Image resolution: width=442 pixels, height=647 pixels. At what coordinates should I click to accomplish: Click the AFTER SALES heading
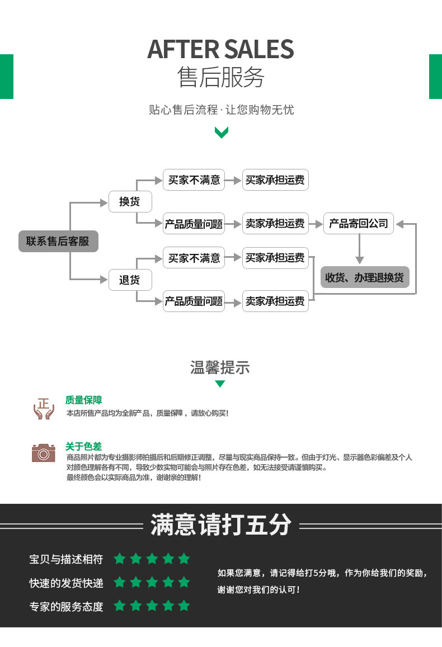click(x=220, y=50)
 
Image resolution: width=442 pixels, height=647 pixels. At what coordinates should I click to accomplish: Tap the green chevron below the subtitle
click(x=221, y=133)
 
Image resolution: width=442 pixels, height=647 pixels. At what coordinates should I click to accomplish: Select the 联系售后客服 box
click(x=58, y=241)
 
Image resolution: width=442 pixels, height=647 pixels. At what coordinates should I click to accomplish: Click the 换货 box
click(x=130, y=201)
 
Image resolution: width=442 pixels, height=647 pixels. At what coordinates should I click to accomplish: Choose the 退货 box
click(x=130, y=280)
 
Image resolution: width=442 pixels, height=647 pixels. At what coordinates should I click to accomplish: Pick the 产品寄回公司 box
click(x=358, y=223)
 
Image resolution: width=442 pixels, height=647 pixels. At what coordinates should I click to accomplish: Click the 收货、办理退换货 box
click(x=365, y=277)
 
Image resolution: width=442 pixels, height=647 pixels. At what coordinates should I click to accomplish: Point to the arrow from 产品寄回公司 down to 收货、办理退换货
click(x=359, y=249)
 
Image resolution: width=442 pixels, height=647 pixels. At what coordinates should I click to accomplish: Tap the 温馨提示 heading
click(x=220, y=367)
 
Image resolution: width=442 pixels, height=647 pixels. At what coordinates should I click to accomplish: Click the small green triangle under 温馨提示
click(x=220, y=384)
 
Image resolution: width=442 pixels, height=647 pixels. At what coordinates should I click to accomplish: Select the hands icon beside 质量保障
click(x=44, y=409)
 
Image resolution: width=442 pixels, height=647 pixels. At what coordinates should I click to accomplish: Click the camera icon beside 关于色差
click(x=43, y=453)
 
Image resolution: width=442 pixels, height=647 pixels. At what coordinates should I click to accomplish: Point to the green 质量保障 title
click(x=83, y=400)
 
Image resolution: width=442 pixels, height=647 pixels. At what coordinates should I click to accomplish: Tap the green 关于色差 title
click(x=83, y=446)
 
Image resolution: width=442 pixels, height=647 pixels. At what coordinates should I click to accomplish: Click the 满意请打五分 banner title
click(x=221, y=525)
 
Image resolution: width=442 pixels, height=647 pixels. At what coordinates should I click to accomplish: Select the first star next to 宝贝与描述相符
click(x=120, y=559)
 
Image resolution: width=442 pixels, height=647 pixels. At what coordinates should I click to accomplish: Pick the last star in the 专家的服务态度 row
click(x=184, y=605)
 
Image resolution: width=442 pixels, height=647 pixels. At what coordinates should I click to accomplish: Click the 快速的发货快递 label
click(x=66, y=583)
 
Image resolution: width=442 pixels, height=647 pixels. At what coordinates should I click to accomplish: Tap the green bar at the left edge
click(x=7, y=77)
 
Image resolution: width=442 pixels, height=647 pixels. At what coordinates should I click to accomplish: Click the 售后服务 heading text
click(x=221, y=77)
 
